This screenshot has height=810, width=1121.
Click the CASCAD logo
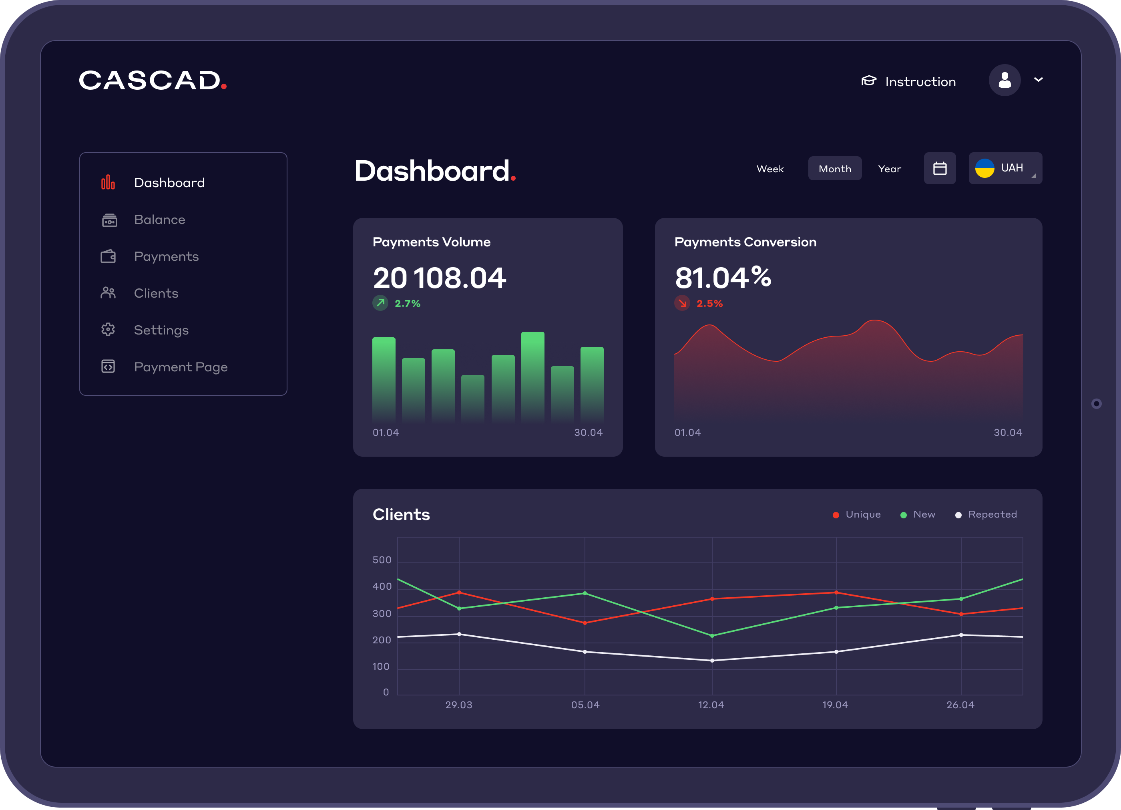pyautogui.click(x=152, y=80)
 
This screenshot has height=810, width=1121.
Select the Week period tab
pyautogui.click(x=769, y=169)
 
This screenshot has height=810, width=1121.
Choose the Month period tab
pyautogui.click(x=834, y=169)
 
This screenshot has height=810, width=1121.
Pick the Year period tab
pyautogui.click(x=889, y=169)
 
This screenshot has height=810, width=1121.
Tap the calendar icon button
pyautogui.click(x=940, y=169)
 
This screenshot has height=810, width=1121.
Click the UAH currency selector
pyautogui.click(x=1005, y=168)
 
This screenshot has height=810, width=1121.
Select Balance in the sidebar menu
pyautogui.click(x=159, y=220)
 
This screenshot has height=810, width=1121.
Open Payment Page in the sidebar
pyautogui.click(x=181, y=367)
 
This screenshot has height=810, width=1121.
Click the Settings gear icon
pyautogui.click(x=108, y=329)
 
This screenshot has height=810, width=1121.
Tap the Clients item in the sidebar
pyautogui.click(x=156, y=293)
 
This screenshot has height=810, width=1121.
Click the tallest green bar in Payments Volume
pyautogui.click(x=532, y=376)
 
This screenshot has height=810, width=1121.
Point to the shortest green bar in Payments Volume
pyautogui.click(x=472, y=398)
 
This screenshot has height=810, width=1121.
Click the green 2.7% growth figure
pyautogui.click(x=407, y=304)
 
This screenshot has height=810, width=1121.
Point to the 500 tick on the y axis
pyautogui.click(x=382, y=560)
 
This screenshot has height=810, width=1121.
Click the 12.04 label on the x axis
pyautogui.click(x=711, y=705)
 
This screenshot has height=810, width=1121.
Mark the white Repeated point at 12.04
pyautogui.click(x=712, y=660)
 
